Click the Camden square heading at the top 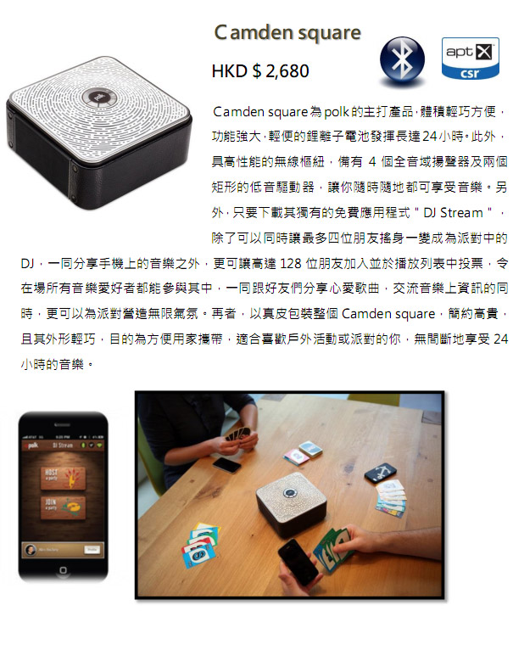(287, 33)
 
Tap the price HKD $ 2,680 (260, 71)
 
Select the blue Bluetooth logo (402, 61)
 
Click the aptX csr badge (471, 58)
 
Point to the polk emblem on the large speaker (97, 98)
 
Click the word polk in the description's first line (336, 112)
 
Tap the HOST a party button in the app (63, 478)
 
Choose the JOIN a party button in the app (63, 507)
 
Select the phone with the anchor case (381, 473)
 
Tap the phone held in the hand (298, 562)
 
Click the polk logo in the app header (33, 445)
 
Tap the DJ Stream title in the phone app (63, 445)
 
